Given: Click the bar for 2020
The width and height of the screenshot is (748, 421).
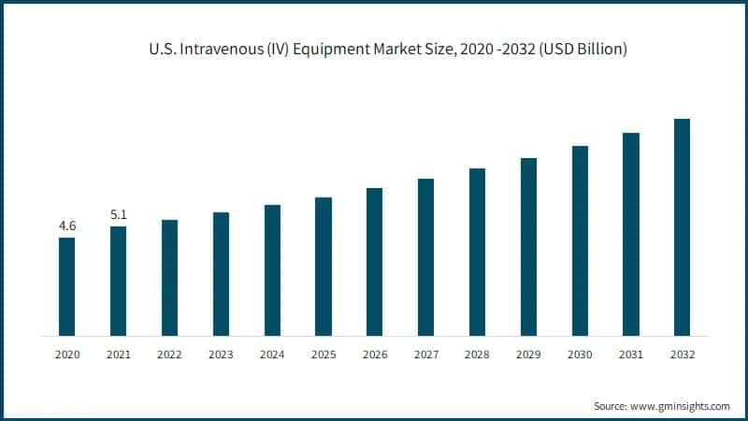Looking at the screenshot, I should point(67,286).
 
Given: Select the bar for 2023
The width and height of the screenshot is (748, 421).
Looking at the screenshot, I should point(221,274).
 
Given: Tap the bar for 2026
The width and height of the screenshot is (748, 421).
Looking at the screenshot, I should point(375,262).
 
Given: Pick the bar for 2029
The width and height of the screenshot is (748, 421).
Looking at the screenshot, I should point(528,247).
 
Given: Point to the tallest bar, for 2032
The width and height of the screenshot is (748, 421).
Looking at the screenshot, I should point(682,227).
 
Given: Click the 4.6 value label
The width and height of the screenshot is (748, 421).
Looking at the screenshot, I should point(67,226).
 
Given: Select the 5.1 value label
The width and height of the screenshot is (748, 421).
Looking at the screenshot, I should point(119,215).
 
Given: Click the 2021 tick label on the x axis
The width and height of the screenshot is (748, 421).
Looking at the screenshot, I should point(119,355).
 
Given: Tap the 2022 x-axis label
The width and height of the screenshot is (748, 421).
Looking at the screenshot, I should point(169,355).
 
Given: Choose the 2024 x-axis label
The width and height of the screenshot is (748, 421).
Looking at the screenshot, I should point(272,355).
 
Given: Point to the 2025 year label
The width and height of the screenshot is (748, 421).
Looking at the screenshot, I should point(324,355).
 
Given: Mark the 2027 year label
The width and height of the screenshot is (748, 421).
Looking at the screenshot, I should point(425,355).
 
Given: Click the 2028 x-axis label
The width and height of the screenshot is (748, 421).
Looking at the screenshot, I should point(477,355).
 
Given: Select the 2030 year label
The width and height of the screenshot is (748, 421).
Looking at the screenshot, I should point(580,355).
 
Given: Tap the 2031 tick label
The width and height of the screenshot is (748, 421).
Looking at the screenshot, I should point(630,355).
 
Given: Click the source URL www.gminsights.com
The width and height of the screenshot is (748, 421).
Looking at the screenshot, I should point(681,406).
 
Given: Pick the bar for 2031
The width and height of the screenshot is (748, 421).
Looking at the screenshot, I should point(630,234).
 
